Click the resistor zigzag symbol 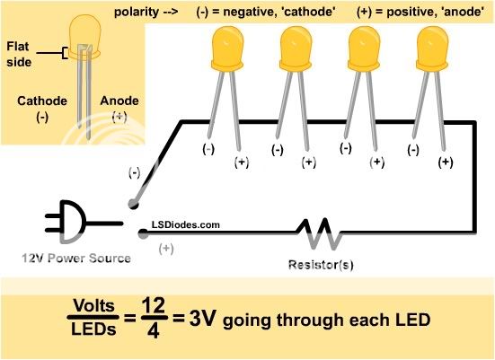click(319, 233)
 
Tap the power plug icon click(83, 222)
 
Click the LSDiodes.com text click(186, 225)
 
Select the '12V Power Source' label click(76, 259)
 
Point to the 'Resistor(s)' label click(321, 265)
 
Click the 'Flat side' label click(19, 54)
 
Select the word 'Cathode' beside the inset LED click(42, 101)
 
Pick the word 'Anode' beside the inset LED click(119, 101)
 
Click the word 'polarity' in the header click(137, 12)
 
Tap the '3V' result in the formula click(203, 319)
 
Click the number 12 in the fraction click(154, 305)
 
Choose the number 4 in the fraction click(153, 330)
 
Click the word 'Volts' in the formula click(93, 306)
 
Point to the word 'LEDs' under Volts click(93, 329)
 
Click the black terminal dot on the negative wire click(134, 204)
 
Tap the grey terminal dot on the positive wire click(143, 233)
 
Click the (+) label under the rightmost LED click(446, 162)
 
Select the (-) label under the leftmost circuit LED click(208, 149)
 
